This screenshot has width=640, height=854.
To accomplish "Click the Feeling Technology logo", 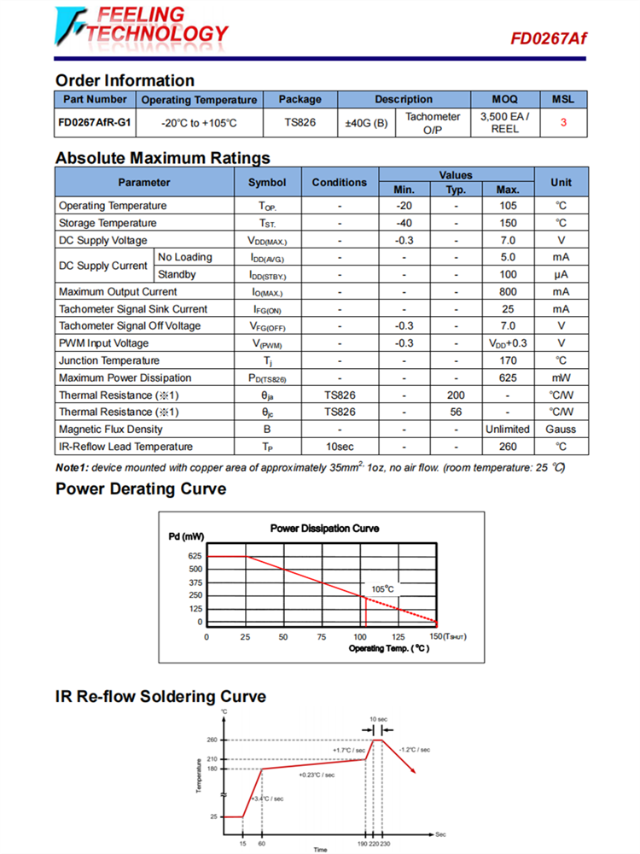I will (142, 26).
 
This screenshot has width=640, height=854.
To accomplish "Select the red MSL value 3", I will (563, 123).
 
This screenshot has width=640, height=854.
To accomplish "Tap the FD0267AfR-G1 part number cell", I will (95, 123).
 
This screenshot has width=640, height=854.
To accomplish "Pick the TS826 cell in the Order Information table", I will (300, 123).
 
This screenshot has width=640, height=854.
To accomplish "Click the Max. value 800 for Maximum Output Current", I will (508, 292).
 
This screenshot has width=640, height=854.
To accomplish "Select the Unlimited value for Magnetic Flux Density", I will (508, 430).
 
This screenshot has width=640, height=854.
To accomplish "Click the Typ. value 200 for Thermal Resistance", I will (456, 395).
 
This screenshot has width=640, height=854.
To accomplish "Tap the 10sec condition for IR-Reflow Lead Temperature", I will (339, 447).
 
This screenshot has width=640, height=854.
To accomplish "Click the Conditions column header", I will (339, 182).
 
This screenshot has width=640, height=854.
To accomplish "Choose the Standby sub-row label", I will (177, 275).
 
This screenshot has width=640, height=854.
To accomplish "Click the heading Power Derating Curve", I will (141, 489).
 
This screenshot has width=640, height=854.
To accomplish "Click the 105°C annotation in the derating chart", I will (382, 589).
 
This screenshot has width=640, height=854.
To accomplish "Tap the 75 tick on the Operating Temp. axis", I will (322, 637).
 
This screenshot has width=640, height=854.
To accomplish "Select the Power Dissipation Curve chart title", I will (324, 529).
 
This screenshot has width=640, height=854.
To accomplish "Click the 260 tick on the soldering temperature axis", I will (212, 740).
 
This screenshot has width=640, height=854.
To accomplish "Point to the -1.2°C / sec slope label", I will (415, 749).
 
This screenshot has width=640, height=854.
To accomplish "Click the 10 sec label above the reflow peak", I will (378, 719).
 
